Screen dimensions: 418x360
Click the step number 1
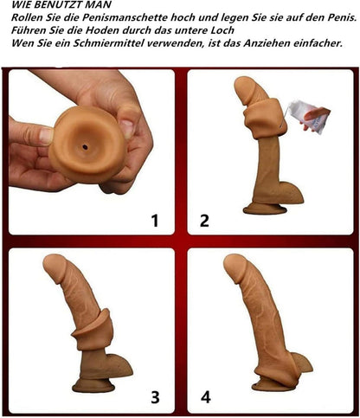click(x=155, y=220)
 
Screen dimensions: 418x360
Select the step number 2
click(x=204, y=220)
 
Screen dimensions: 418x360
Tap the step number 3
click(x=155, y=397)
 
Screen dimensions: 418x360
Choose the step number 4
click(x=205, y=397)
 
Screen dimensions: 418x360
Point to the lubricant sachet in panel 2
click(x=308, y=116)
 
